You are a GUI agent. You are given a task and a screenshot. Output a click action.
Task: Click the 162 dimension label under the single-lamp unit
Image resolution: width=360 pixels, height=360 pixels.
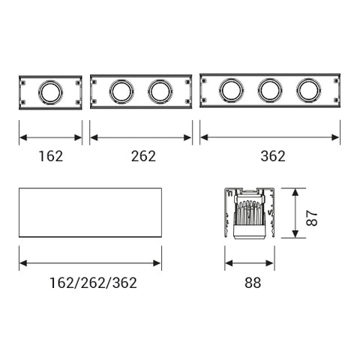pyautogui.click(x=51, y=156)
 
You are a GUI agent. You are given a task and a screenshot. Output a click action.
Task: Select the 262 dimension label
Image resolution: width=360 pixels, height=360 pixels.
pyautogui.click(x=143, y=156)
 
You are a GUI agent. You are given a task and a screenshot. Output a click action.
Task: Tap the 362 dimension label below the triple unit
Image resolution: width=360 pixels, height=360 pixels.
pyautogui.click(x=273, y=156)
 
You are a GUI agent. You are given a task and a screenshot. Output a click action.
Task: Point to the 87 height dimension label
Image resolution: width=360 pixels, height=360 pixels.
pyautogui.click(x=312, y=218)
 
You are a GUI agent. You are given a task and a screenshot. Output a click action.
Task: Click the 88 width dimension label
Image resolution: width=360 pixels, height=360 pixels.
pyautogui.click(x=253, y=283)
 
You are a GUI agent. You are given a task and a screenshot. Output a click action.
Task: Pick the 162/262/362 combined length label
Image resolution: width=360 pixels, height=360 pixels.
pyautogui.click(x=93, y=283)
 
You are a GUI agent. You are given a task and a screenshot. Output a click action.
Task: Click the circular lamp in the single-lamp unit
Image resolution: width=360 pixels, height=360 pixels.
pyautogui.click(x=50, y=92)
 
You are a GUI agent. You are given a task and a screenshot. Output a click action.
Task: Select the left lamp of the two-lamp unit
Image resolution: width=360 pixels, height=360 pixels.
pyautogui.click(x=121, y=91)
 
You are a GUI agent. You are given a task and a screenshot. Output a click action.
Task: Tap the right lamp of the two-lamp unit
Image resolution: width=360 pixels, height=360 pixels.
pyautogui.click(x=160, y=91)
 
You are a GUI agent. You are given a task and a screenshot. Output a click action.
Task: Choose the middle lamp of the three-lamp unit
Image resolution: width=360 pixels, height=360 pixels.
pyautogui.click(x=270, y=90)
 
